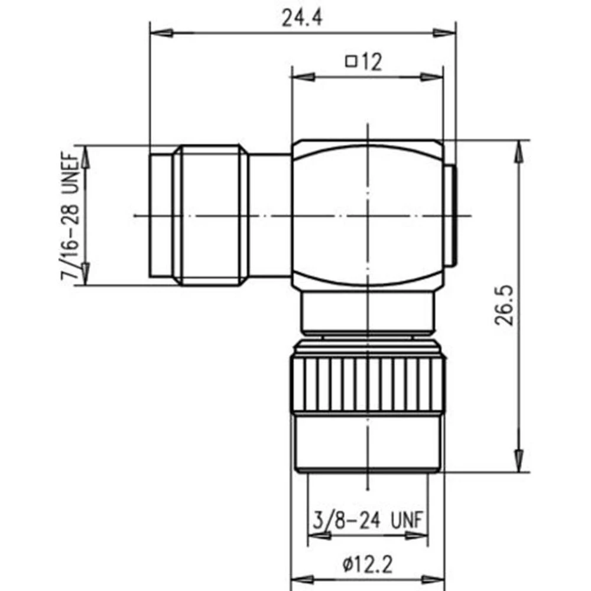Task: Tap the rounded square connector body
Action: [x=367, y=216]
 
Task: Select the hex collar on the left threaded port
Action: [x=210, y=216]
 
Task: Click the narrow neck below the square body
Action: [x=367, y=313]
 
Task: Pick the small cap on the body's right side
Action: [x=450, y=216]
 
